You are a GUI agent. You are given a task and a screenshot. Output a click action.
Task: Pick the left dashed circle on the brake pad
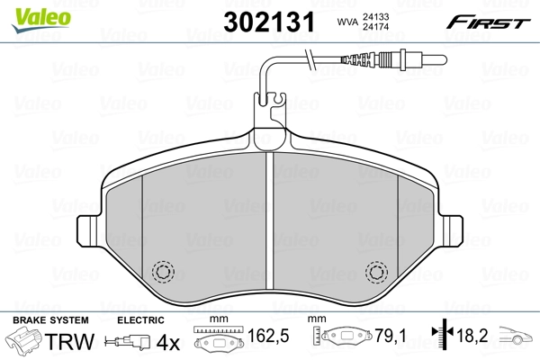point(164,271)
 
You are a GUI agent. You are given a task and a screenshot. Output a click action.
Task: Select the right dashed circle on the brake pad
point(377,271)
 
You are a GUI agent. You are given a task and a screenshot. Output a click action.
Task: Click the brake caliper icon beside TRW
point(27,343)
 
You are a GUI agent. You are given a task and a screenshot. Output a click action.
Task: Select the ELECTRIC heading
point(140,320)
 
